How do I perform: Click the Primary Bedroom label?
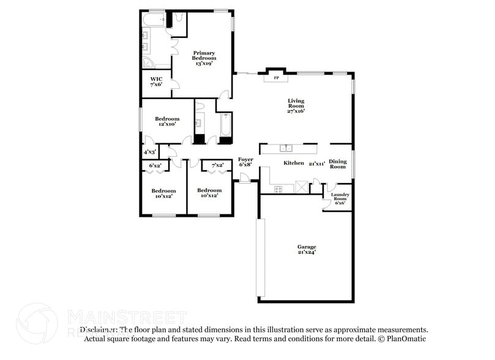point(204,58)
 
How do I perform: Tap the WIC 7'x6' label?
point(156,81)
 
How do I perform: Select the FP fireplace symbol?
point(276,78)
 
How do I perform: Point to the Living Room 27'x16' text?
point(296,106)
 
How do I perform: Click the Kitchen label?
point(294,163)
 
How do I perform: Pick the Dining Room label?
point(338,164)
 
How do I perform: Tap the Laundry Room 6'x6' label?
point(339,198)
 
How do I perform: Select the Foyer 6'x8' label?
point(245,162)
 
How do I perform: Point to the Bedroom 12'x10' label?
point(166,121)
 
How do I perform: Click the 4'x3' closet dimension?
point(149,151)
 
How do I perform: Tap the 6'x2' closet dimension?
point(155,165)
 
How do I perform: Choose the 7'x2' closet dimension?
point(217,165)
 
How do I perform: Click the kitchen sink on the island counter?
point(286,148)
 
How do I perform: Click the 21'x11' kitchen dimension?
point(317,163)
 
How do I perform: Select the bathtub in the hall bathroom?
point(225,124)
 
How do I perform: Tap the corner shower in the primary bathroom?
point(149,63)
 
